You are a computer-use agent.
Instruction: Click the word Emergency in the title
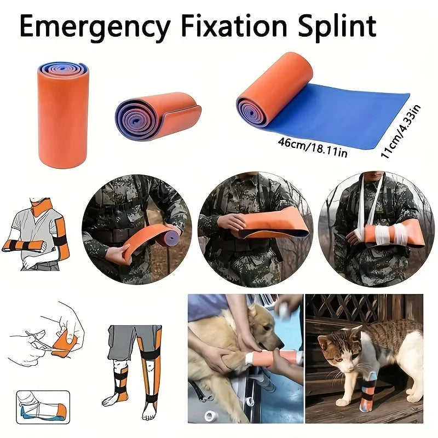[x=95, y=27]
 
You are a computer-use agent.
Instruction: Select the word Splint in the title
[x=337, y=27]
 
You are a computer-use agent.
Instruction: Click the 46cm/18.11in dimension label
[x=313, y=147]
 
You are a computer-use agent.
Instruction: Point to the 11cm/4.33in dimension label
[x=401, y=132]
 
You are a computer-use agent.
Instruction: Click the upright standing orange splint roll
[x=63, y=115]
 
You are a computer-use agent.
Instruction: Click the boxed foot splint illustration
[x=43, y=407]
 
